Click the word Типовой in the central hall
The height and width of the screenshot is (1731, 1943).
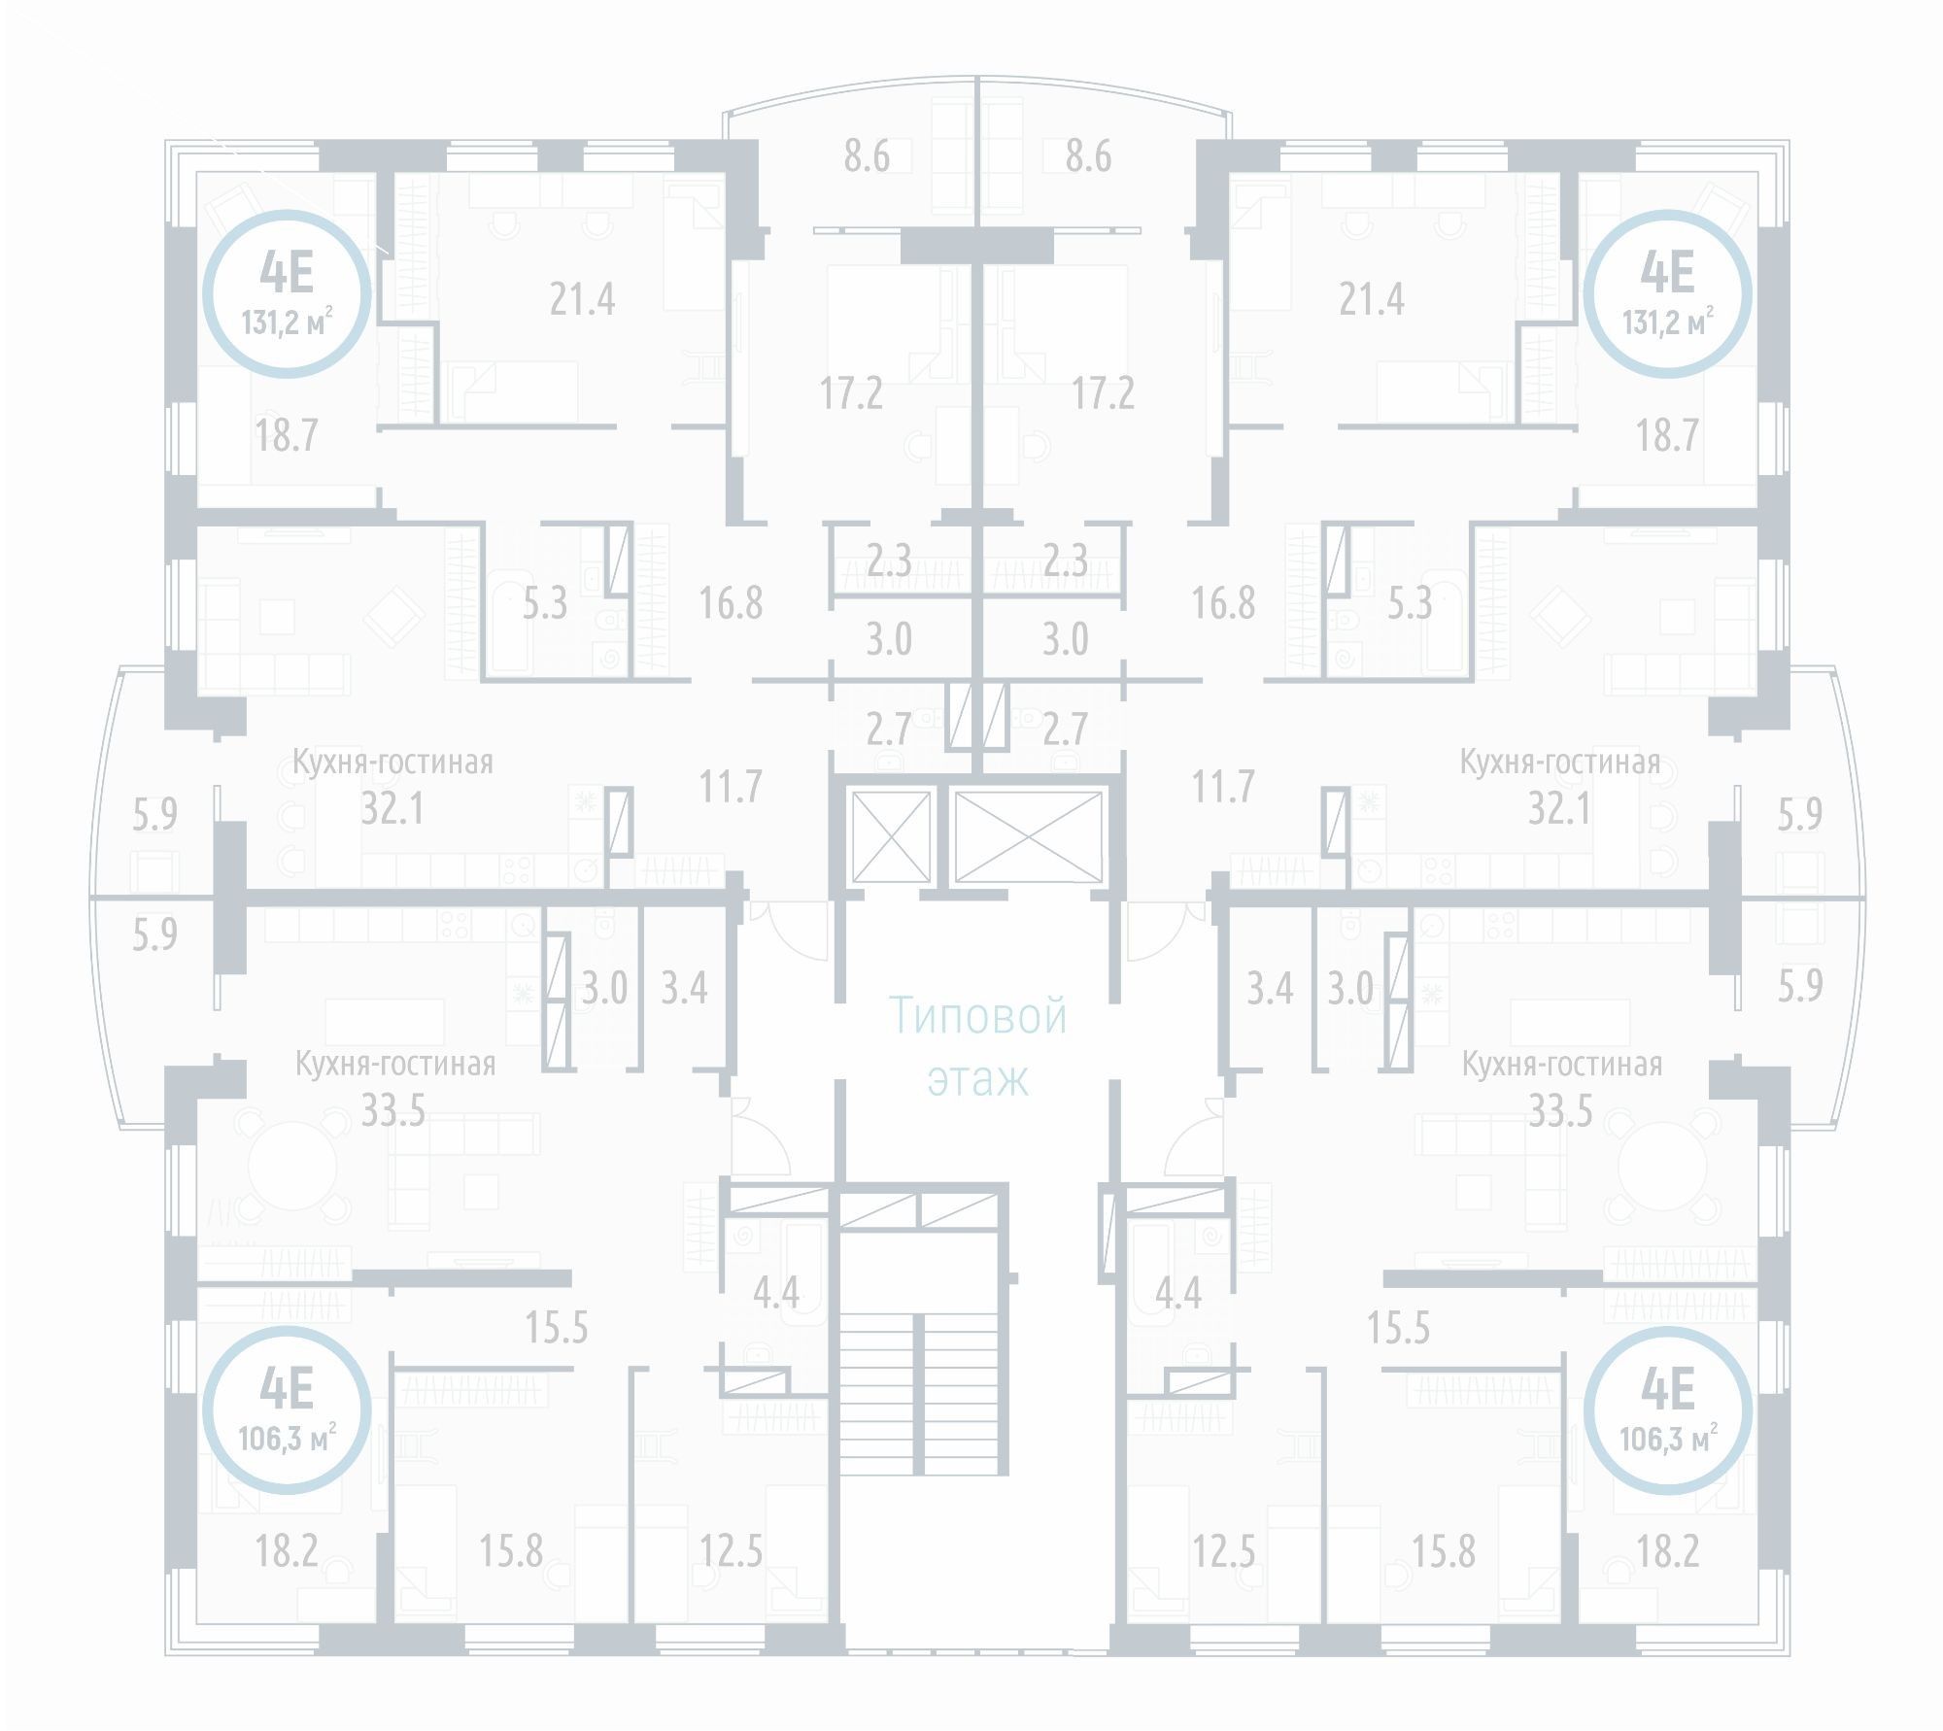click(978, 1017)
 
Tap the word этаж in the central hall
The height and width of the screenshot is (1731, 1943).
click(977, 1079)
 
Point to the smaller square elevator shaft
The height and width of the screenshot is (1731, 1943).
click(890, 835)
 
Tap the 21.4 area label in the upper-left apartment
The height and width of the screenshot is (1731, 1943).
click(582, 298)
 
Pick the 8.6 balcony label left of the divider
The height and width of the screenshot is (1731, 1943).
click(866, 156)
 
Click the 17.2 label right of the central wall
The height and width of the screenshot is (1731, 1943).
click(1103, 393)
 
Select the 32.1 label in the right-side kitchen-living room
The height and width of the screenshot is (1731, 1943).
click(1558, 808)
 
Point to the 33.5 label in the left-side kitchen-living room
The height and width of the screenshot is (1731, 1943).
click(392, 1110)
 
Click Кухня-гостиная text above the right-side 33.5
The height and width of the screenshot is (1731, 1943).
click(1561, 1065)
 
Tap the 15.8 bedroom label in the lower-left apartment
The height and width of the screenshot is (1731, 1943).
click(511, 1551)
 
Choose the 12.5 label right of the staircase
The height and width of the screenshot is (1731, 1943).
click(1224, 1551)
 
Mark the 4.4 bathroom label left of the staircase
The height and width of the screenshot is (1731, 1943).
click(776, 1292)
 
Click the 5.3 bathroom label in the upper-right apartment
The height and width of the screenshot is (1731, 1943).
click(1409, 604)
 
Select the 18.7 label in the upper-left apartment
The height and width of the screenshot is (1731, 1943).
click(287, 435)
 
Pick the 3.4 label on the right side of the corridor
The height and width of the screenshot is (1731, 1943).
click(1270, 989)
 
